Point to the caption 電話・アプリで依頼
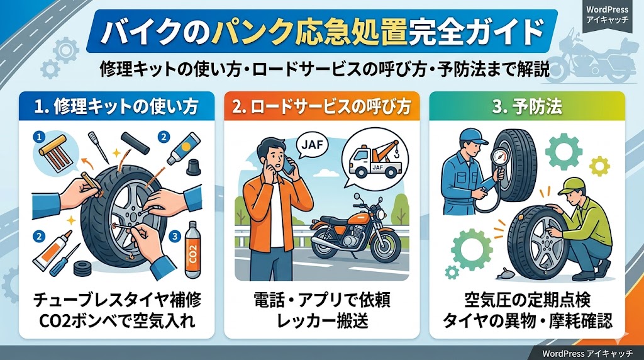pyautogui.click(x=321, y=300)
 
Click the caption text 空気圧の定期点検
pyautogui.click(x=527, y=300)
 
